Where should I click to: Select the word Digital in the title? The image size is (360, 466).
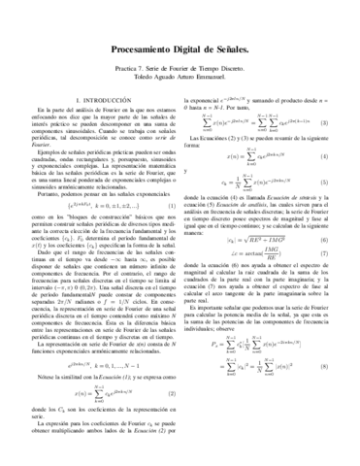tap(192, 47)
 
